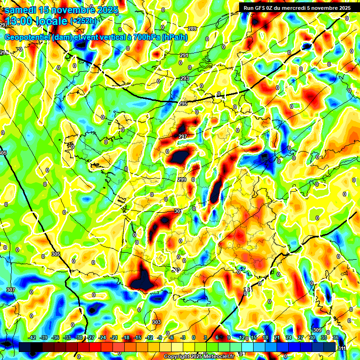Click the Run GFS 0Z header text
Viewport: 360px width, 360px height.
click(263, 7)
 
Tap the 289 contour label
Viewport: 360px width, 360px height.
click(192, 29)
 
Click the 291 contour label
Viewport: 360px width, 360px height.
click(184, 55)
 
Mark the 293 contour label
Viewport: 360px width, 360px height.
click(185, 78)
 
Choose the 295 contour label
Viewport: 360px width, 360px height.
click(183, 104)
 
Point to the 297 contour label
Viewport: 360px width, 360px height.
click(183, 136)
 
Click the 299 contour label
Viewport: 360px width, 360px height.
click(182, 180)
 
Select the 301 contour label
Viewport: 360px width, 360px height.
click(178, 211)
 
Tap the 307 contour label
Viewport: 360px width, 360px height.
click(10, 290)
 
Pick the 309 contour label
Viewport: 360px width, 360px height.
click(317, 330)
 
